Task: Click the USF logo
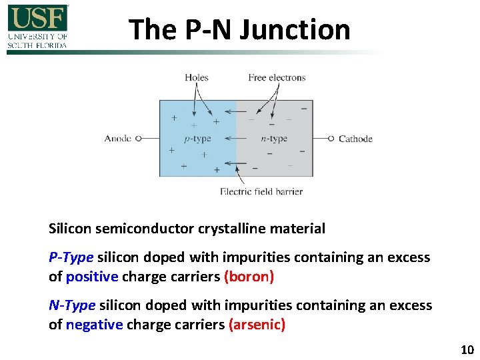(38, 27)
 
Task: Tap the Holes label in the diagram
(197, 77)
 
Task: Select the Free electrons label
(277, 77)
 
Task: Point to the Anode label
(118, 139)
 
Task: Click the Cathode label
(355, 139)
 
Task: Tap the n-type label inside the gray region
(274, 139)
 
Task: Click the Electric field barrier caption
(261, 191)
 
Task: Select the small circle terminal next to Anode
(138, 139)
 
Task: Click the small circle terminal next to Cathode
(331, 139)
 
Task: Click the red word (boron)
(249, 276)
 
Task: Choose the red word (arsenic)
(257, 325)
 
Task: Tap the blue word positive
(92, 276)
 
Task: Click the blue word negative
(94, 325)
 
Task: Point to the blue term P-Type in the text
(72, 257)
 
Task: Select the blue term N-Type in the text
(73, 306)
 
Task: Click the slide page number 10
(466, 350)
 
